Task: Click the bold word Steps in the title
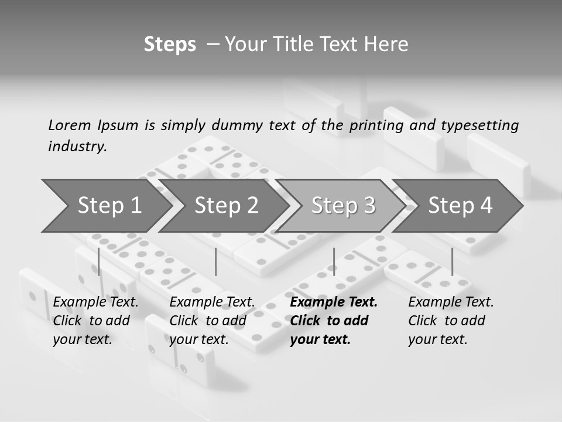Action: tap(170, 45)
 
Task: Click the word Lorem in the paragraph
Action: tap(69, 125)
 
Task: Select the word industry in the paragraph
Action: tap(77, 146)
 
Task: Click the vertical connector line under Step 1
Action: tap(98, 261)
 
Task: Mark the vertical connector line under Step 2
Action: tap(215, 261)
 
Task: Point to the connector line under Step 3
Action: tap(334, 261)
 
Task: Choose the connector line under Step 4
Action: tap(452, 261)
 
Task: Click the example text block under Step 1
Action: tap(95, 321)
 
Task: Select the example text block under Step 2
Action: tap(211, 321)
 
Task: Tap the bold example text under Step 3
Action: tap(333, 321)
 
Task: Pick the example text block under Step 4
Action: tap(450, 321)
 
